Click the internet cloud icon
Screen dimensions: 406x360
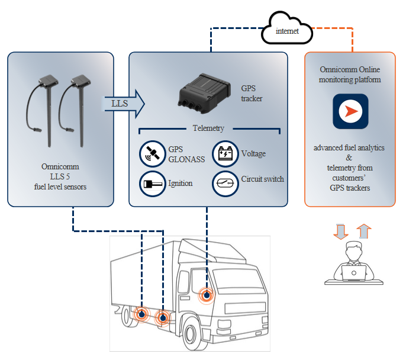[x=287, y=28]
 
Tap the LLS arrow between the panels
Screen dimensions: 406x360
[x=124, y=104]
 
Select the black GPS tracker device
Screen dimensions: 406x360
[x=204, y=93]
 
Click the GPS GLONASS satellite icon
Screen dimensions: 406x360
[x=153, y=154]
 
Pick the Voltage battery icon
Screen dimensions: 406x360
[x=225, y=154]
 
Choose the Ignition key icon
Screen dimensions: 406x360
[x=153, y=184]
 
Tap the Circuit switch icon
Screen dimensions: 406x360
[x=225, y=184]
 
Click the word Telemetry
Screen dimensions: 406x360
[x=208, y=128]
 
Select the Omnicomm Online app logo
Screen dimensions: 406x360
[x=350, y=111]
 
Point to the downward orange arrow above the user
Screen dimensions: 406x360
[x=340, y=232]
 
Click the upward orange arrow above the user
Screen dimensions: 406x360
[x=364, y=231]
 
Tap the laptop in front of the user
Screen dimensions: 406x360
[x=354, y=273]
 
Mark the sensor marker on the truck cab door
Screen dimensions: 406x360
[x=207, y=295]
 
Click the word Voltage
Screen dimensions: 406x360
[x=253, y=153]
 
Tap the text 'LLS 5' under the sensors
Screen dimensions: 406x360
[x=60, y=176]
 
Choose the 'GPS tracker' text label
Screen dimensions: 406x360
[x=252, y=93]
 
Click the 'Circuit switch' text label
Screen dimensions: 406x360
[x=263, y=179]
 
